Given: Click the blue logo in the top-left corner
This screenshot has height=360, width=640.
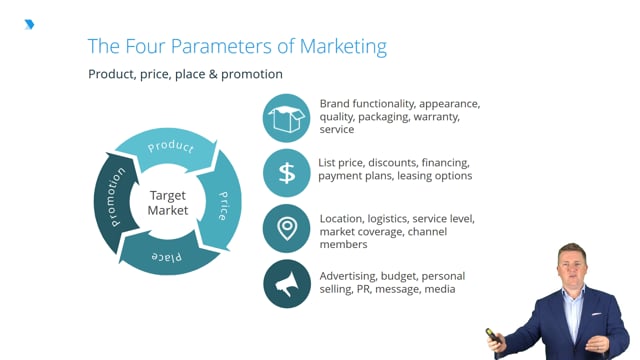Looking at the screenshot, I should [x=29, y=23].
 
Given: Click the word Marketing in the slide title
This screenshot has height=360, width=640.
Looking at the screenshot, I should [x=335, y=46].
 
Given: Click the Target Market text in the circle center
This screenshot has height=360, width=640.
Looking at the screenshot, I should [x=168, y=203].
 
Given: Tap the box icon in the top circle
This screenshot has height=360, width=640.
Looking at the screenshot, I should [x=287, y=119].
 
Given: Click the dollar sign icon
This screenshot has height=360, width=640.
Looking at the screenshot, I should [x=287, y=173].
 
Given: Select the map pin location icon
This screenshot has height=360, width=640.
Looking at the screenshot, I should [x=287, y=229].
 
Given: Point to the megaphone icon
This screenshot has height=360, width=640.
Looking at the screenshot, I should [x=287, y=285].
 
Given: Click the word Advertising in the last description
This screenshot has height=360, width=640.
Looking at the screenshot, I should [x=351, y=275].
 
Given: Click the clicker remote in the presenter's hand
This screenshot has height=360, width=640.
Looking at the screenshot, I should [x=492, y=335].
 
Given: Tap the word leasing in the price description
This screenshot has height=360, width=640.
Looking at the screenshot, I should [x=417, y=176].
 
